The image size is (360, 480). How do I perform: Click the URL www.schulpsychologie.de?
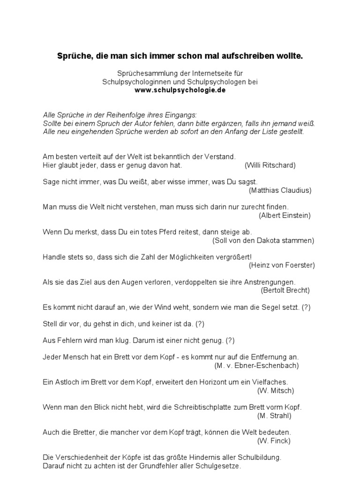point(180,90)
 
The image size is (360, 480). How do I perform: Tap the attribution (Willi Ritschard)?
point(270,165)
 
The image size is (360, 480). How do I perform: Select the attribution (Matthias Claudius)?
point(280,190)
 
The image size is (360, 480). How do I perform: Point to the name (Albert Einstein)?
point(285,215)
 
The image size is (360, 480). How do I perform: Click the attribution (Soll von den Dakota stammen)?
point(263,240)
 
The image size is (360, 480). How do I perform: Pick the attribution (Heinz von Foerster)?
point(282,265)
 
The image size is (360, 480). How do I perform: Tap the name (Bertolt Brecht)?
point(285,290)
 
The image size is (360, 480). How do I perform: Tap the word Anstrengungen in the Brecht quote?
point(267,282)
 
